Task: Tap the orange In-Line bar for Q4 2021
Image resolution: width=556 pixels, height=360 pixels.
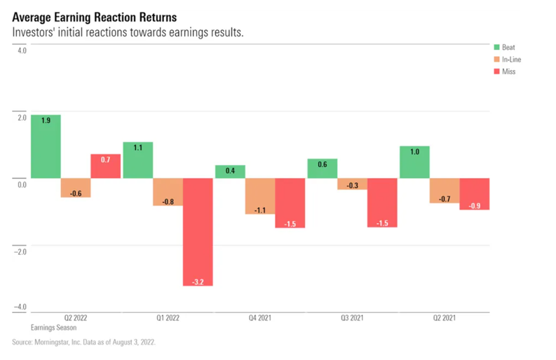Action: (259, 196)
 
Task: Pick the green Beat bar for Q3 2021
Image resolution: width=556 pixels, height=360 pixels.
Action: (322, 168)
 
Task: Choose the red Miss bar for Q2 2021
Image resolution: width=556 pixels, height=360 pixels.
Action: (475, 194)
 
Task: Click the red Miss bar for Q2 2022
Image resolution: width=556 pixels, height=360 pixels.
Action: (105, 166)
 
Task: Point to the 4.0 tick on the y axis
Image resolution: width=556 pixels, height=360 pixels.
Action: (22, 51)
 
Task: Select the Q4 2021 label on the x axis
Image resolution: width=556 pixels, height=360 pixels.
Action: (259, 318)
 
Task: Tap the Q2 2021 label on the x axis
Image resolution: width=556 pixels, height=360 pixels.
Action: (444, 318)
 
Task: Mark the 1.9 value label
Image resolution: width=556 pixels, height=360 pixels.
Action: (46, 121)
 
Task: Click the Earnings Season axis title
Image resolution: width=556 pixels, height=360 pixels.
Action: (54, 328)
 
